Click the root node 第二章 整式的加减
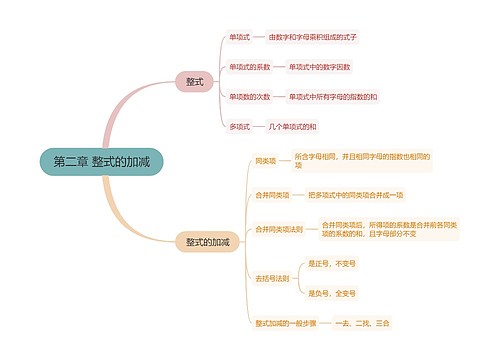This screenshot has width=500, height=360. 100,161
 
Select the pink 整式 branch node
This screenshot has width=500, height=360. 194,81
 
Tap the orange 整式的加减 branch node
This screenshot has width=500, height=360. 207,242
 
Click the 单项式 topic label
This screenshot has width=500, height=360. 240,37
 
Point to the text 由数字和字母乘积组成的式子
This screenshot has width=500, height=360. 312,37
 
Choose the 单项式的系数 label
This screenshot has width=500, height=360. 249,67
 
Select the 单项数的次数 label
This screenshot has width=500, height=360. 249,97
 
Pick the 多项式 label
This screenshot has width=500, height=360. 240,127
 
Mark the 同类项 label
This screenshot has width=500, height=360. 266,160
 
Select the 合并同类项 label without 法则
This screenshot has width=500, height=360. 270,194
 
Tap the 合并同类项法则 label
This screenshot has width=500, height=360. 278,229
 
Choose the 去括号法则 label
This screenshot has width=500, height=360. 272,278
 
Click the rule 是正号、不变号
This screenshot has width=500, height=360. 332,263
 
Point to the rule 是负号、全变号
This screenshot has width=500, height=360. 332,293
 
